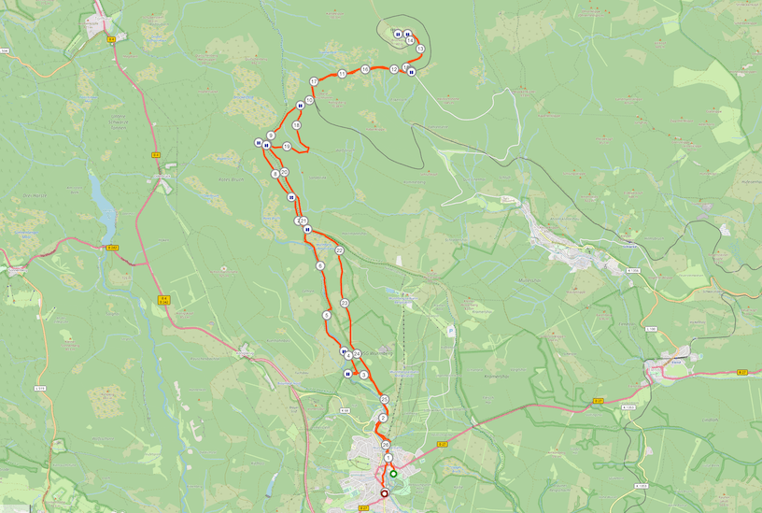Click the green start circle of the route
click(393, 474)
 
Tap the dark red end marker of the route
click(384, 492)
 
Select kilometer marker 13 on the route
click(420, 49)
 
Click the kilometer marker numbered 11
click(342, 73)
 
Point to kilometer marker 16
click(365, 70)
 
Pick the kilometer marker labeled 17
click(314, 82)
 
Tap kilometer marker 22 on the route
click(339, 250)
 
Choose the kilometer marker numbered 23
click(345, 303)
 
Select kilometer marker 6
click(320, 266)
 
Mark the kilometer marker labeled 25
click(384, 399)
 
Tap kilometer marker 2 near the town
click(383, 418)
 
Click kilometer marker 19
click(296, 125)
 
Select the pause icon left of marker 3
click(347, 375)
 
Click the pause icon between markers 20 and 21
click(291, 198)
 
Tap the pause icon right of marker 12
click(411, 72)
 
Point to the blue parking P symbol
click(451, 330)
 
